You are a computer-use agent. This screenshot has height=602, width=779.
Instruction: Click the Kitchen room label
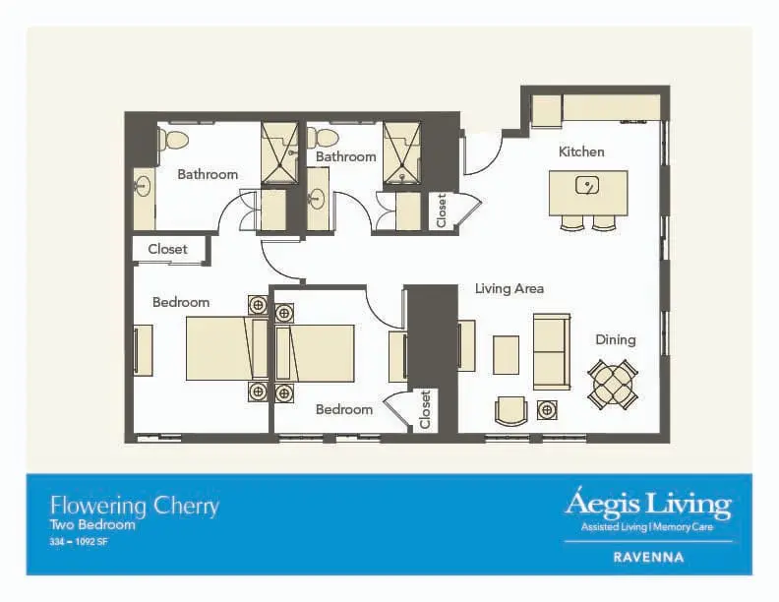(581, 151)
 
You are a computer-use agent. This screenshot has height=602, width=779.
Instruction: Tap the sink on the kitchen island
(587, 186)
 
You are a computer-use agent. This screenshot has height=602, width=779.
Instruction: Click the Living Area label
(509, 288)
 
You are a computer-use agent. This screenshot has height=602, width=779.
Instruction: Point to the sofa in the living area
(552, 352)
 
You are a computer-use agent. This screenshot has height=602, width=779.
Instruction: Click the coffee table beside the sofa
(507, 355)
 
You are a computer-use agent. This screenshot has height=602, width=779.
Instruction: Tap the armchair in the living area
(510, 411)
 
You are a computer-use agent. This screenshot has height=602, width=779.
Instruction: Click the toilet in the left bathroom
(173, 140)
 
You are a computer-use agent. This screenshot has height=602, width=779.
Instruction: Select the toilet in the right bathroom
(323, 138)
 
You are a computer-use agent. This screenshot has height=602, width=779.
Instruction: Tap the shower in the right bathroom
(402, 153)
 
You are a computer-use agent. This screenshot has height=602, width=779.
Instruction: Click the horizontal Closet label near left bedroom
(167, 249)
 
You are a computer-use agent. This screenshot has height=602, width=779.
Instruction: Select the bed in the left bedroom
(227, 349)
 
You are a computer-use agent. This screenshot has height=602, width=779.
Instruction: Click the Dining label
(616, 339)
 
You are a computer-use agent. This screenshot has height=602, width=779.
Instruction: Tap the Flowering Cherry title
(134, 507)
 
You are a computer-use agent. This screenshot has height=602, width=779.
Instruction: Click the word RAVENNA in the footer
(648, 558)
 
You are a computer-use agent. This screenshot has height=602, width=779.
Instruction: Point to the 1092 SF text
(90, 542)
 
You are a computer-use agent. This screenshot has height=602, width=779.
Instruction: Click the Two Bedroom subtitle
(92, 525)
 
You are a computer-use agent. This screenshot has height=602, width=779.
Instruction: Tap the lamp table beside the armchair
(547, 410)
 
